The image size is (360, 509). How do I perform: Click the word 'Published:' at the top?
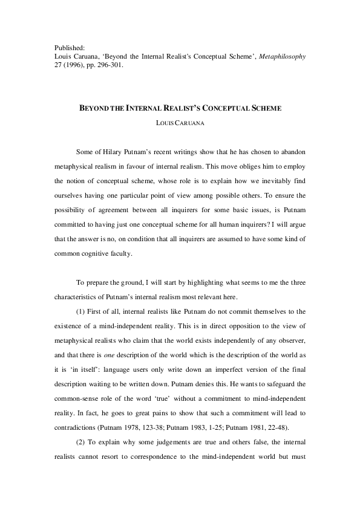point(69,47)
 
